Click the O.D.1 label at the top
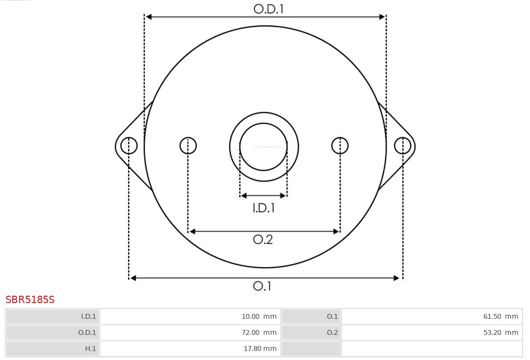pos(268,9)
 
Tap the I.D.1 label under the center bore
pos(264,208)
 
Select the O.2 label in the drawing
pos(263,239)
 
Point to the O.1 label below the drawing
pos(262,286)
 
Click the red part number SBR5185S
pos(30,300)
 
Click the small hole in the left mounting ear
pos(129,146)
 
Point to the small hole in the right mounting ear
pos(402,146)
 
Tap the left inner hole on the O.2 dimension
pos(188,146)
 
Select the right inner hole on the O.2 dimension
pos(340,146)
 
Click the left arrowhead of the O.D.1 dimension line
pos(149,17)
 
